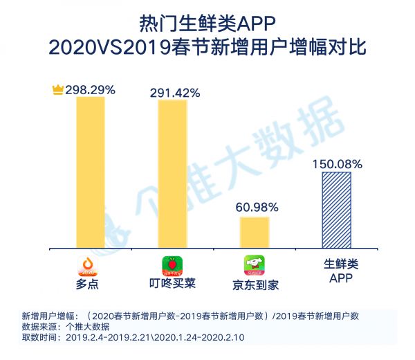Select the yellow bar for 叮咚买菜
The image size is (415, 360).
(172, 174)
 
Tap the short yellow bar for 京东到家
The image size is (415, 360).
(255, 232)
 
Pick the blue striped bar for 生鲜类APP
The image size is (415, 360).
(336, 209)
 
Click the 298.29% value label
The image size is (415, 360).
(90, 89)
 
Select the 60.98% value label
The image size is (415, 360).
(256, 207)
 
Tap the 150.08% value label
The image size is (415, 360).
(337, 164)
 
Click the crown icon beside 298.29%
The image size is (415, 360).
(57, 89)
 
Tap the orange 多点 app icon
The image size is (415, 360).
(90, 266)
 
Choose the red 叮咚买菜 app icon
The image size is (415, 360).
(172, 267)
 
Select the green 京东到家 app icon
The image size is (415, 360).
(254, 266)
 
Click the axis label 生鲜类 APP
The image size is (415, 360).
(337, 271)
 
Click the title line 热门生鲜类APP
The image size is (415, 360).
(207, 24)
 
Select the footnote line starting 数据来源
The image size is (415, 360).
(66, 327)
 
